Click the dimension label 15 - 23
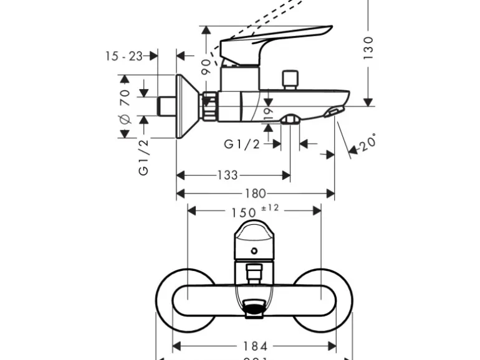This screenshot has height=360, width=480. (124, 56)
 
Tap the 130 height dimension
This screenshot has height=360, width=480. (370, 47)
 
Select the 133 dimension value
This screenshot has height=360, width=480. (227, 175)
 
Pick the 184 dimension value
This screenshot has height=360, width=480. (256, 346)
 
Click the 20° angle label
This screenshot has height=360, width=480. (368, 141)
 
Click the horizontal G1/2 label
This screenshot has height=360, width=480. (242, 144)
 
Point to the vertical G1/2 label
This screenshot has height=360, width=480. (144, 156)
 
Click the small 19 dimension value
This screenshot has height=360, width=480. (269, 112)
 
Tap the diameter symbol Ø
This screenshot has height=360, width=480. (124, 119)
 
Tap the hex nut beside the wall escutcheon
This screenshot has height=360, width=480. (209, 106)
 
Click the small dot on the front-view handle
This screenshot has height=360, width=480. (254, 251)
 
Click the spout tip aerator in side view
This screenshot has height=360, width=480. (334, 111)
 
